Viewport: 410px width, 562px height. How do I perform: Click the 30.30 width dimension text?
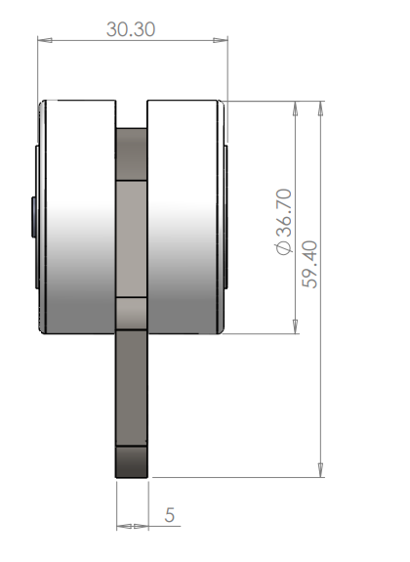pos(131,29)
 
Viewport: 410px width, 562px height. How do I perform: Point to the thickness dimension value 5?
pos(170,513)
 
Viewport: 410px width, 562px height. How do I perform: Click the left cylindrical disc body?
pos(77,216)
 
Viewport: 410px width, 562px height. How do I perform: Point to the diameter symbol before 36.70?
pos(284,251)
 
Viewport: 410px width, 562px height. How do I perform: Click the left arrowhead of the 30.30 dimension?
pos(43,40)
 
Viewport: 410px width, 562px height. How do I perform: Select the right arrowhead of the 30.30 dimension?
pos(223,40)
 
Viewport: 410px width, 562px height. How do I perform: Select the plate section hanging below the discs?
pos(133,391)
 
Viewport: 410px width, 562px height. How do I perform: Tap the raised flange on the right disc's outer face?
pos(227,216)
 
